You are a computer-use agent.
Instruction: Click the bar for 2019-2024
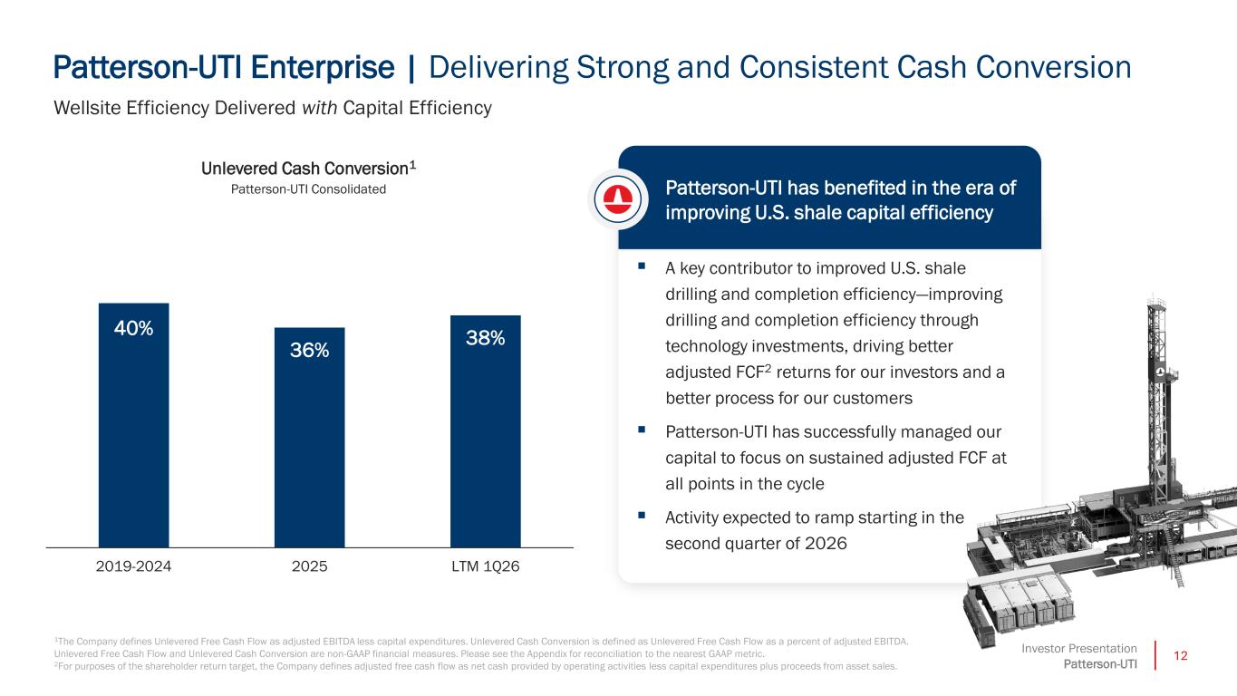pyautogui.click(x=133, y=425)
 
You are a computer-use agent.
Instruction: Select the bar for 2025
pyautogui.click(x=309, y=438)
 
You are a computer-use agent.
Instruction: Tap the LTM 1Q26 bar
pyautogui.click(x=486, y=431)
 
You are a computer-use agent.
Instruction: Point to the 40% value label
pyautogui.click(x=133, y=328)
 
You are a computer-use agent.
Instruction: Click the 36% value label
pyautogui.click(x=309, y=350)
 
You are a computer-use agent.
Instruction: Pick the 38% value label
pyautogui.click(x=486, y=338)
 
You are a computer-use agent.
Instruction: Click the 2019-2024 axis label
pyautogui.click(x=133, y=566)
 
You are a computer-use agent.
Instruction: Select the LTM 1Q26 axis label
pyautogui.click(x=486, y=566)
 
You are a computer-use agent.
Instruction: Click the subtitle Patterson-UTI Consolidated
pyautogui.click(x=308, y=189)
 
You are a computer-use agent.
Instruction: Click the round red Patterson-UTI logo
pyautogui.click(x=617, y=198)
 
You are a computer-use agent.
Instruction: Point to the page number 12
pyautogui.click(x=1180, y=656)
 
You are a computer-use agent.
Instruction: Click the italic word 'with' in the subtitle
pyautogui.click(x=319, y=108)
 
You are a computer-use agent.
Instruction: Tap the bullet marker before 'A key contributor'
pyautogui.click(x=641, y=266)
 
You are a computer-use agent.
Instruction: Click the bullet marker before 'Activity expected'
pyautogui.click(x=641, y=515)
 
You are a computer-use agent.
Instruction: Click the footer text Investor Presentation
pyautogui.click(x=1079, y=649)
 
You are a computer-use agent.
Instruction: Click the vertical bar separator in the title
pyautogui.click(x=411, y=69)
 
